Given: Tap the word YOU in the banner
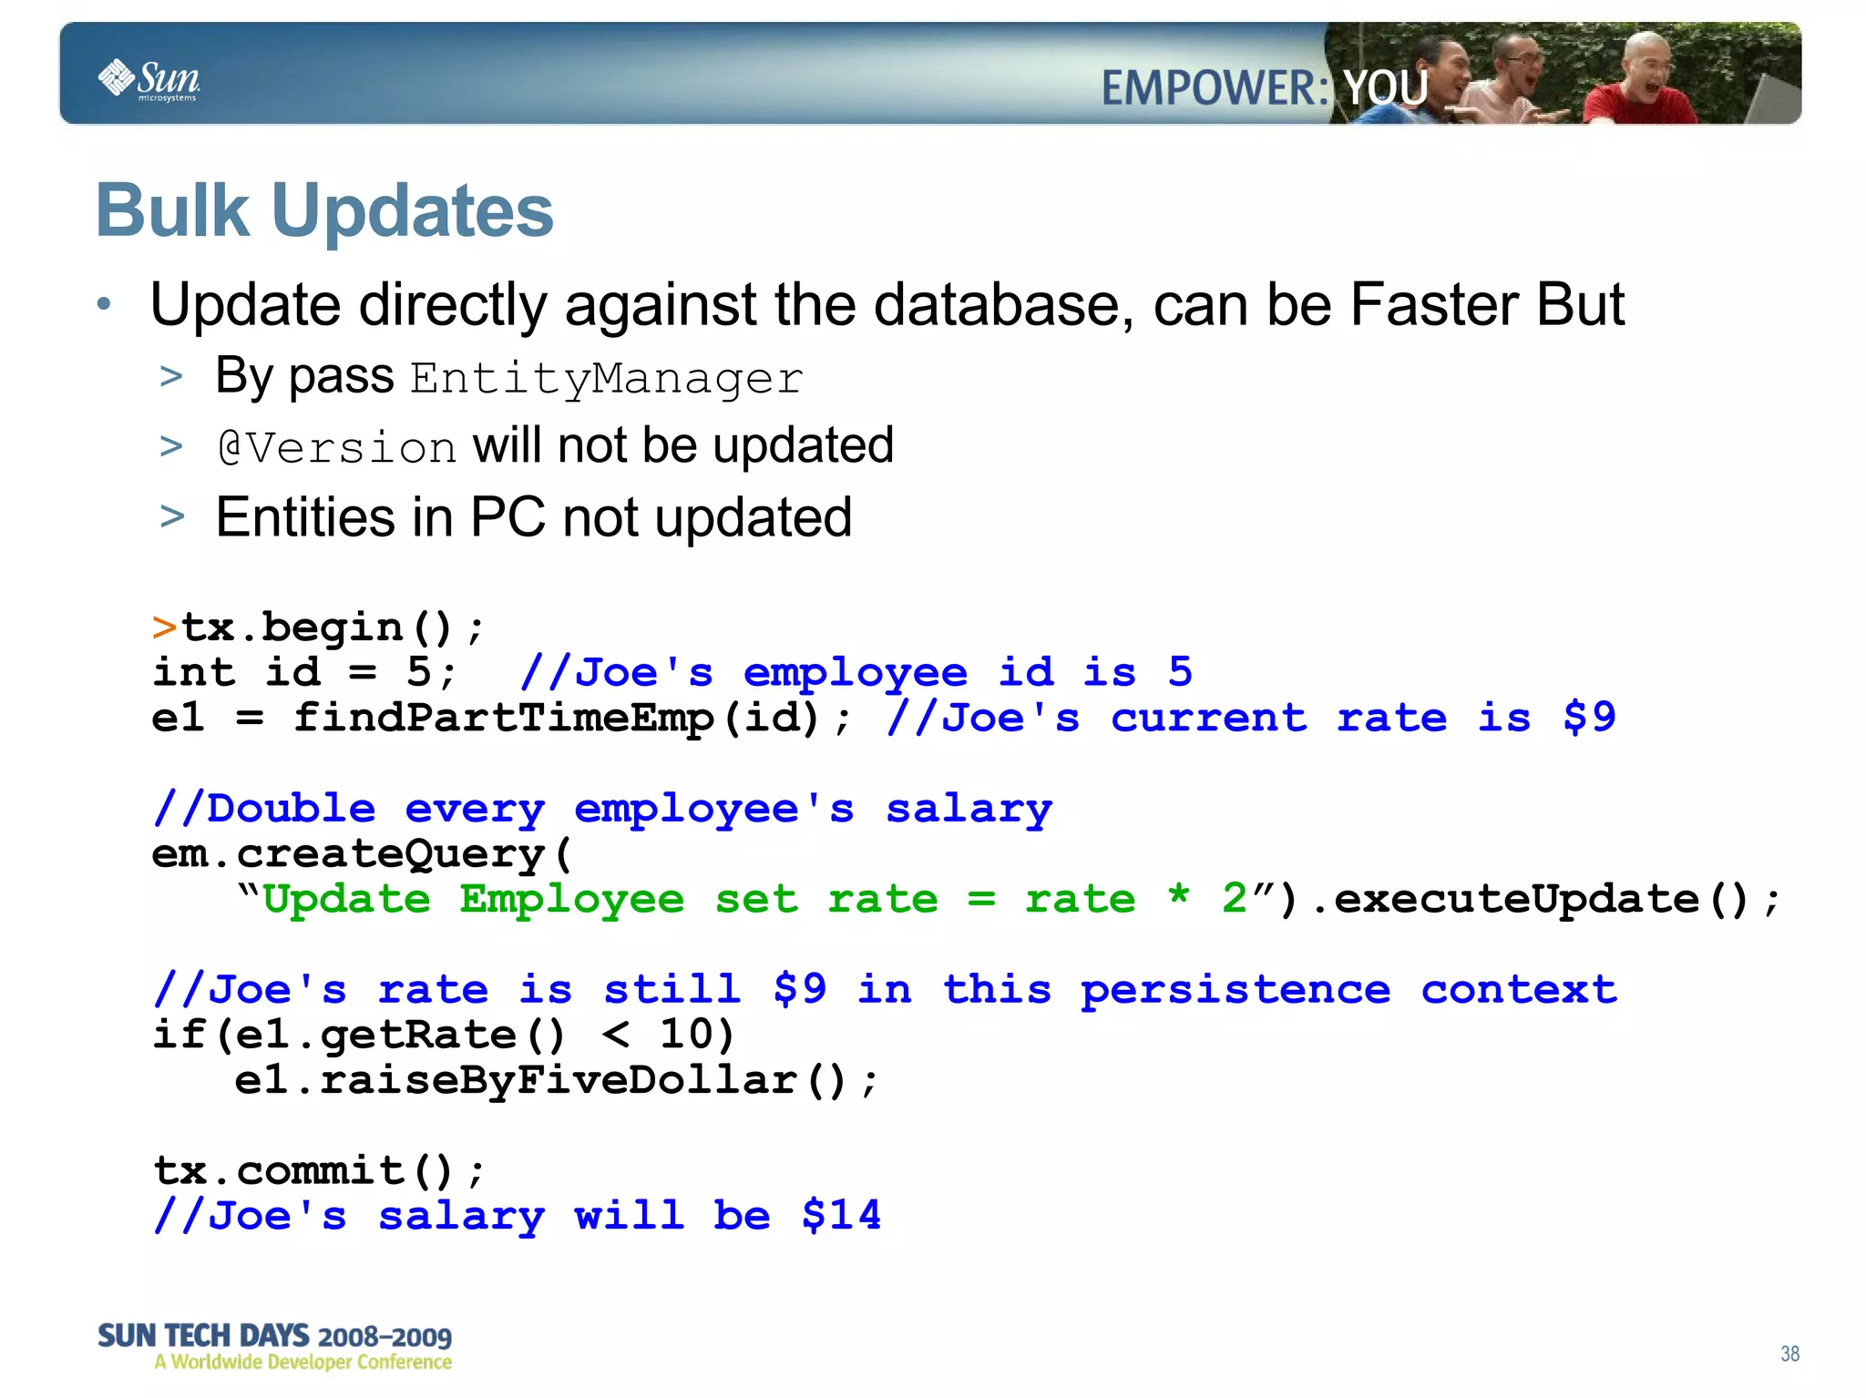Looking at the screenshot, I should pos(1385,88).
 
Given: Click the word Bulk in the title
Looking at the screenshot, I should pos(172,211).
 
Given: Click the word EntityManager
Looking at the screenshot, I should pos(606,378).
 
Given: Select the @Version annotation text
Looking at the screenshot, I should pos(336,447).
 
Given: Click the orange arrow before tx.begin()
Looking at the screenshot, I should pos(164,628).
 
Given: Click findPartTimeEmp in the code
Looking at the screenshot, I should pos(504,718).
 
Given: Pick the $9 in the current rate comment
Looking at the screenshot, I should pos(1589,718).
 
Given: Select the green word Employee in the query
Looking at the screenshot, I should pos(571,900).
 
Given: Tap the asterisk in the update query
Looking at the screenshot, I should pos(1179,896).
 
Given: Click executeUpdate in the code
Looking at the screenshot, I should pos(1517,900).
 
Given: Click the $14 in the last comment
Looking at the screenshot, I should pos(841,1216).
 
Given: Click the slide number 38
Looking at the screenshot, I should pos(1789,1353).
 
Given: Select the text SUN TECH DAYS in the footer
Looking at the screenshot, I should pos(203,1336).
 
